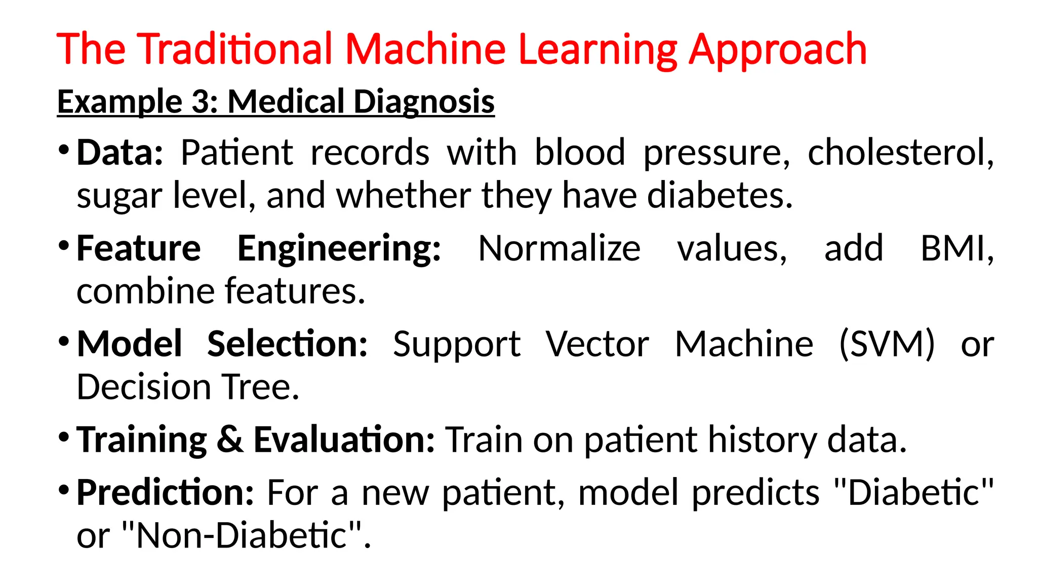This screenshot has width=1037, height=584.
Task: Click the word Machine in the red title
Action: (425, 49)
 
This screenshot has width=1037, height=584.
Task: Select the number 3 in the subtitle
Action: (203, 101)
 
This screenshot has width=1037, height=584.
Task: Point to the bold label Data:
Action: (119, 153)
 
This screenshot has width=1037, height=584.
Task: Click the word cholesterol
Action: (900, 153)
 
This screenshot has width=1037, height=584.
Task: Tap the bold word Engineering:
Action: (339, 249)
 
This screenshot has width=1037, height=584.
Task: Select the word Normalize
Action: (559, 248)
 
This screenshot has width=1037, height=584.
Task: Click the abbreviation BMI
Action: (956, 248)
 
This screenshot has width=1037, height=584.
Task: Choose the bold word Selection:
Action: (287, 344)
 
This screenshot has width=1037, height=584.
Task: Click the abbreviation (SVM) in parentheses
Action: (887, 344)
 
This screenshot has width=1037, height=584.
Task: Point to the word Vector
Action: (597, 344)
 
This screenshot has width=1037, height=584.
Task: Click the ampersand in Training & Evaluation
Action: (230, 440)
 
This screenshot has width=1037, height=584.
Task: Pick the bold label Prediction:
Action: (165, 493)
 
